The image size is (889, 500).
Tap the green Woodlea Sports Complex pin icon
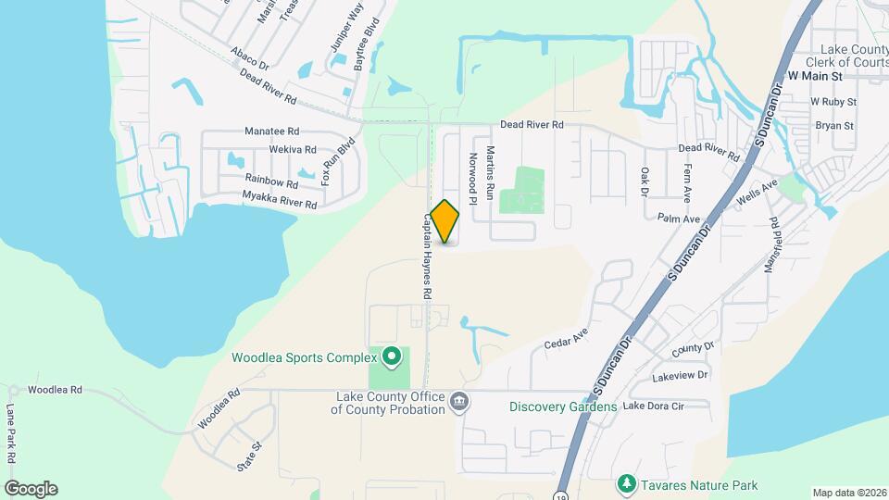click(391, 356)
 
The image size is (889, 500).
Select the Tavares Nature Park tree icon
click(627, 484)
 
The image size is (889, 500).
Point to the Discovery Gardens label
click(563, 406)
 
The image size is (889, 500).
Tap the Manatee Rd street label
click(272, 131)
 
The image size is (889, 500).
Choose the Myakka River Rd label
click(280, 199)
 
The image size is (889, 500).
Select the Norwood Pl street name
click(472, 179)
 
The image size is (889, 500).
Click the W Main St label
click(815, 74)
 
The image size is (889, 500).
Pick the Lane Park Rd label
click(12, 434)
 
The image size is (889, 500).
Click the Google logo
click(31, 489)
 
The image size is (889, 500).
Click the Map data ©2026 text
click(849, 493)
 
